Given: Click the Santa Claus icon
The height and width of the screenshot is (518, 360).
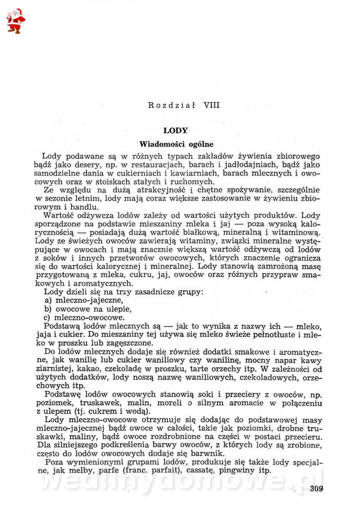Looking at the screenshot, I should click(16, 21).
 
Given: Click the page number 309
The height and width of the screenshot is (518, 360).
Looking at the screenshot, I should click(317, 489).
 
